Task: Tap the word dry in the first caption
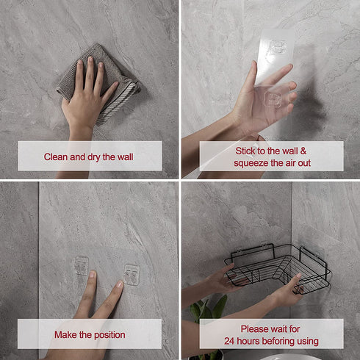94,157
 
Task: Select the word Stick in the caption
245,151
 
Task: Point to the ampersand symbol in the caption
303,151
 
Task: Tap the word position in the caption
109,335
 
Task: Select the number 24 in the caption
230,341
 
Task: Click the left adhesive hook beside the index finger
81,266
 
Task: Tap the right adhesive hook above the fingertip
132,275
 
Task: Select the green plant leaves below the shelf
208,310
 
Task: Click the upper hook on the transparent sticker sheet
278,47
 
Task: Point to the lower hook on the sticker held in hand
273,99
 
